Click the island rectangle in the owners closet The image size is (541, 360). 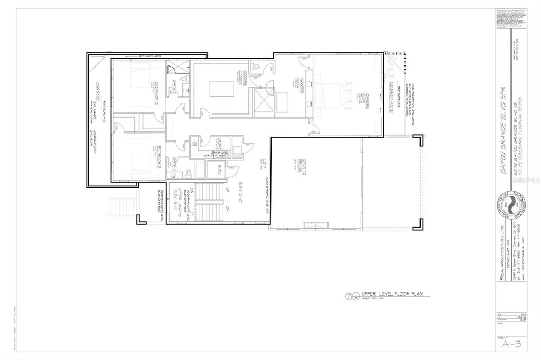click(x=219, y=88)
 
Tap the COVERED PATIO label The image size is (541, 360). click(x=391, y=91)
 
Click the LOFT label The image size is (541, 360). click(x=260, y=165)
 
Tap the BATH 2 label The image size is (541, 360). click(x=175, y=85)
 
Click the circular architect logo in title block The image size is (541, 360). click(x=510, y=205)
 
